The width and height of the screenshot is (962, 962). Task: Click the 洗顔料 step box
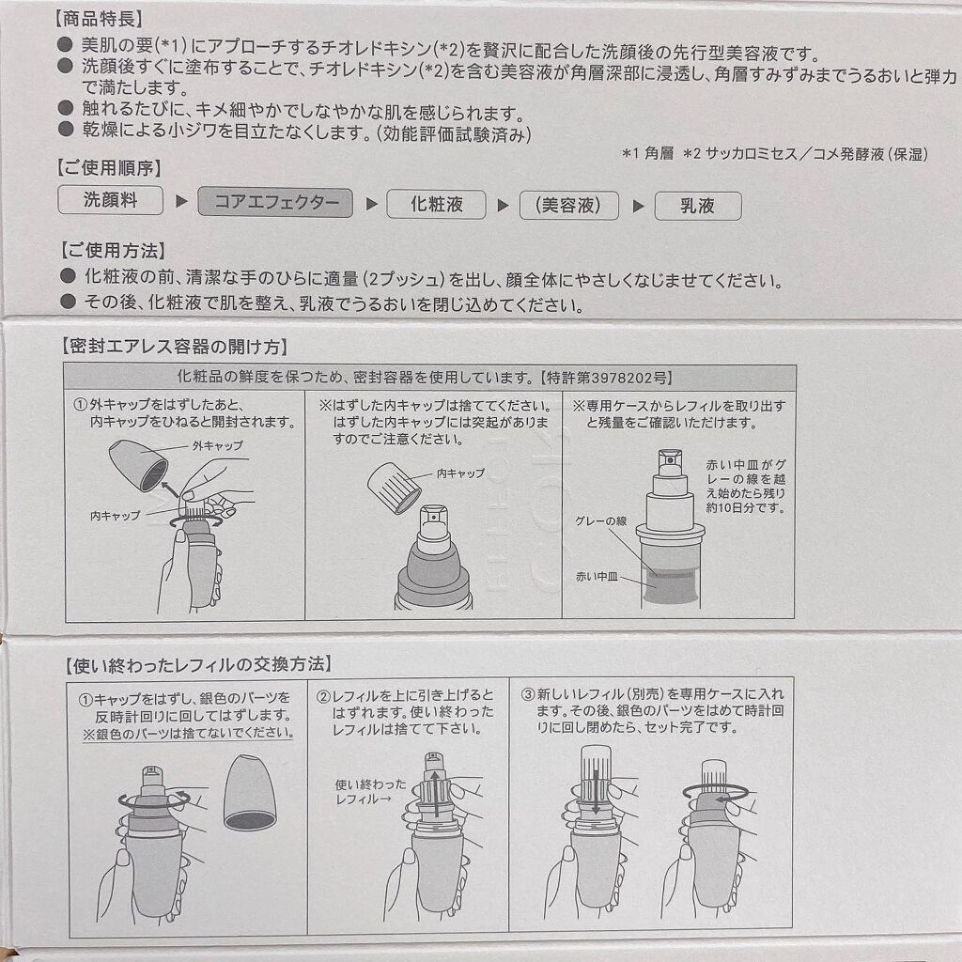111,200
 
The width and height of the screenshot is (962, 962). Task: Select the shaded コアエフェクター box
275,203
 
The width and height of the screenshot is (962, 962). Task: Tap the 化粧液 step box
436,204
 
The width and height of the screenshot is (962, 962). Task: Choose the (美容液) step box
568,206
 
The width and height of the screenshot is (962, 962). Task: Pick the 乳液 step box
698,206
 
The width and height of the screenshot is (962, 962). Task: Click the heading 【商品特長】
100,19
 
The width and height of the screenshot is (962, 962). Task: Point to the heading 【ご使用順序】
109,167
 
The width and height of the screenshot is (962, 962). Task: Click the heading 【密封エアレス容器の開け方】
175,347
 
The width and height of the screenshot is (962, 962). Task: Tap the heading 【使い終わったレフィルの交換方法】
198,665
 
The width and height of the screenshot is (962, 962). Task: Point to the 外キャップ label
218,445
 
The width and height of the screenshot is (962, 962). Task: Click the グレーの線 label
600,520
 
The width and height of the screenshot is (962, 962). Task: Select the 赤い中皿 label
597,577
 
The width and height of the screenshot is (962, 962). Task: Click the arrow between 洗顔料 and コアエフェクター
181,201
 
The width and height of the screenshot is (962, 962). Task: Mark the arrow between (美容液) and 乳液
639,206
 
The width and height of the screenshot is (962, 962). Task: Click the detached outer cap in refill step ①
250,792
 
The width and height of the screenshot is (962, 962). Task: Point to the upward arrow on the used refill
435,794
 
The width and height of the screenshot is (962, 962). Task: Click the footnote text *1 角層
648,153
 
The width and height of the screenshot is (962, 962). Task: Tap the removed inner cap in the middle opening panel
395,488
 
